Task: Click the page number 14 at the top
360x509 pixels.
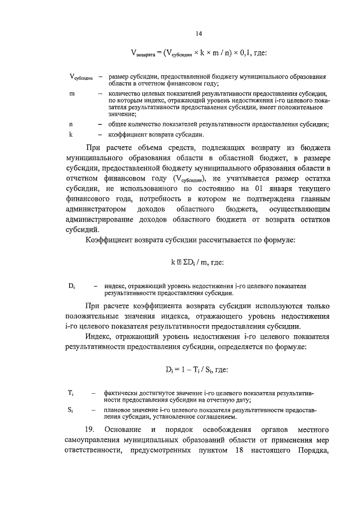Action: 199,34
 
